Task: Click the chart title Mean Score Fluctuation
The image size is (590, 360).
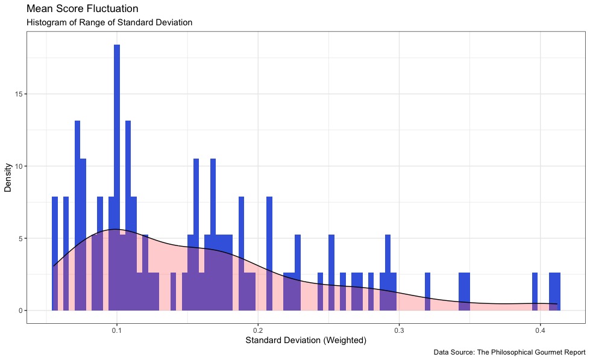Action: (83, 9)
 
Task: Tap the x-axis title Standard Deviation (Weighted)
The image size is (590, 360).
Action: (306, 341)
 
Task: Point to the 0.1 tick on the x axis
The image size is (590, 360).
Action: (117, 331)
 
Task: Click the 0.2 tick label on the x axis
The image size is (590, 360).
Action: (258, 331)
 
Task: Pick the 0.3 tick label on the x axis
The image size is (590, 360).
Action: (399, 331)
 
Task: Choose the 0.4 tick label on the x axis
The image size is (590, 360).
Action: (541, 331)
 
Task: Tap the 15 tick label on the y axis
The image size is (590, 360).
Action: (18, 94)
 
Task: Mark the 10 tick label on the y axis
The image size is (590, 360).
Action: (18, 166)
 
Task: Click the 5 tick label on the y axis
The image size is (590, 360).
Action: (20, 238)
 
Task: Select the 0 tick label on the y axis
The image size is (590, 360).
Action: (20, 311)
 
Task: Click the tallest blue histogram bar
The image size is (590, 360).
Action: (117, 151)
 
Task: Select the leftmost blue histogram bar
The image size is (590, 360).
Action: (55, 253)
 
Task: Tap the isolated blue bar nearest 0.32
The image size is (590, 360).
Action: (427, 292)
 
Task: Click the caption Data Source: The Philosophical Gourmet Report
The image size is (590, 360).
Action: (509, 352)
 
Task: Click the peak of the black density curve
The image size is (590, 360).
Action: (116, 229)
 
